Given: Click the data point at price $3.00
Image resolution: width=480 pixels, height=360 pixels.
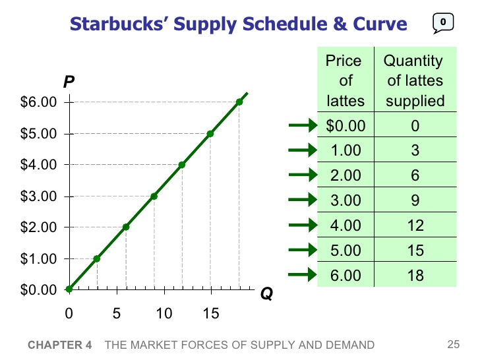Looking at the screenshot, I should coord(154,196).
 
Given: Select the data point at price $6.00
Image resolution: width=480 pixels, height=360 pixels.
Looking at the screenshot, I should coord(239,102).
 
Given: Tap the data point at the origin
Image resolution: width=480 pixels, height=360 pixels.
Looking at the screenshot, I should coord(69,289).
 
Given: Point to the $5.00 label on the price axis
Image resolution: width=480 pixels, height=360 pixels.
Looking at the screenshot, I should coord(40,134).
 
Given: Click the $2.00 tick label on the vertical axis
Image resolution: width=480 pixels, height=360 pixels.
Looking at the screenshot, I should coord(40,227).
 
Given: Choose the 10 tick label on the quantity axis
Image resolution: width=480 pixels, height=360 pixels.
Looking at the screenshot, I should coord(164,313).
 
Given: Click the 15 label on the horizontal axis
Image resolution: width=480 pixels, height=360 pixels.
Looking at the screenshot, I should coord(210,313).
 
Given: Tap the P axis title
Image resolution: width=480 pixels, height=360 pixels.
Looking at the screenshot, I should coord(69,82).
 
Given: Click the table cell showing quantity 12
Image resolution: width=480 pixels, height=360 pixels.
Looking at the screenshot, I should coord(415,225).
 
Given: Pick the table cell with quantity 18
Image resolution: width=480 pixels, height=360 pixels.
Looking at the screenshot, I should coord(415,275).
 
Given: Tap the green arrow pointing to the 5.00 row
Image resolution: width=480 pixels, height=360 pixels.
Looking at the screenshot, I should coord(303,250).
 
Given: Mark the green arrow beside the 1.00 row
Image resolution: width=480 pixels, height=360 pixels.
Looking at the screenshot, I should coord(303,150).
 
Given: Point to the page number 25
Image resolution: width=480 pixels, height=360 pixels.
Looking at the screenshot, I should coord(452,344).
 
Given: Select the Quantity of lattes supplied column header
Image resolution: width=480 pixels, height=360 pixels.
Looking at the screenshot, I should coord(415,81).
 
